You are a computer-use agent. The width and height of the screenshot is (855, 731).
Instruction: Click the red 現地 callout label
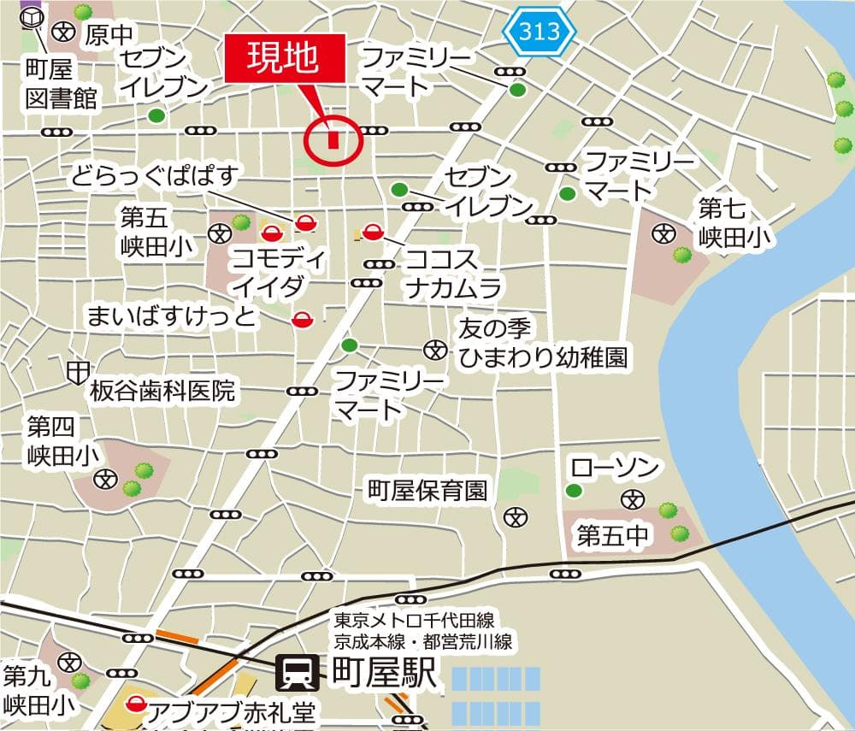285,58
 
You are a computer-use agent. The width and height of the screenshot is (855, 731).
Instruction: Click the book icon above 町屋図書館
32,16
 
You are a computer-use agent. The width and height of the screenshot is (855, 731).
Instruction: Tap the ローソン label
615,468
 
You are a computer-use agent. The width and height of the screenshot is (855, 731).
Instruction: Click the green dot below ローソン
574,491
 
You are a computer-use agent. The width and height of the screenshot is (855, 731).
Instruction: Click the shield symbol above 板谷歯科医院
78,371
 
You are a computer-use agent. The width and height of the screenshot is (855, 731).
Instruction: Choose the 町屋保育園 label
427,491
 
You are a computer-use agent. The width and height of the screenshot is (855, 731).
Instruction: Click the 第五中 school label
614,537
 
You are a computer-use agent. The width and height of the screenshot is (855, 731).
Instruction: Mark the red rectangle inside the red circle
333,139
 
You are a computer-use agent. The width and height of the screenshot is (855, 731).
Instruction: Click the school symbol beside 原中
63,32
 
